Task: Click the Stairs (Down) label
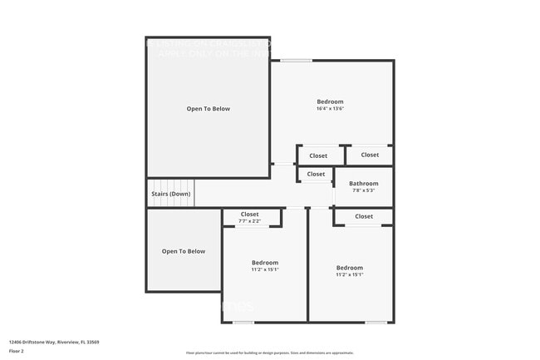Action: pyautogui.click(x=170, y=194)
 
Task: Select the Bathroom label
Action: pyautogui.click(x=363, y=184)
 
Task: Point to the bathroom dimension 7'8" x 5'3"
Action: pyautogui.click(x=363, y=191)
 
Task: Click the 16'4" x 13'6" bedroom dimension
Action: pyautogui.click(x=329, y=109)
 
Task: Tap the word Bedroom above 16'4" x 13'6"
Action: pyautogui.click(x=330, y=101)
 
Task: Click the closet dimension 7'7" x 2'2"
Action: pyautogui.click(x=249, y=221)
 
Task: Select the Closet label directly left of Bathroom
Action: pyautogui.click(x=316, y=174)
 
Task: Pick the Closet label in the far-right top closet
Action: pyautogui.click(x=370, y=155)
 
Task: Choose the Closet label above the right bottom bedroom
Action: pyautogui.click(x=364, y=216)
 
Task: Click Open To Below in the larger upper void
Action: pyautogui.click(x=208, y=109)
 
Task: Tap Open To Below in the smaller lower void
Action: pyautogui.click(x=183, y=251)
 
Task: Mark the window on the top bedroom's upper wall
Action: pyautogui.click(x=296, y=60)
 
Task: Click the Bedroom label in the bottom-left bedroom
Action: pyautogui.click(x=265, y=263)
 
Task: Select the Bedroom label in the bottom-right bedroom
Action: pyautogui.click(x=349, y=268)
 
